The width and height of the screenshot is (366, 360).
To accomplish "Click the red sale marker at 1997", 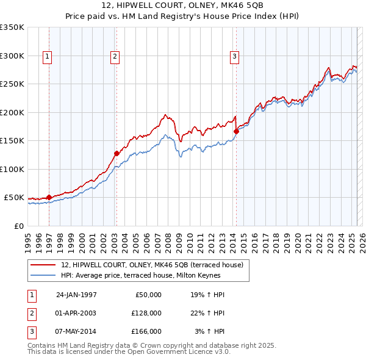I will (x=49, y=197).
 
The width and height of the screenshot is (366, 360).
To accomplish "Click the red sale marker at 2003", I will (x=116, y=153).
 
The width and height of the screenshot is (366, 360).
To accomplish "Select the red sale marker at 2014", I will (x=236, y=131).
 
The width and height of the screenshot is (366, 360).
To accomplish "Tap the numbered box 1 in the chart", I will (x=48, y=57).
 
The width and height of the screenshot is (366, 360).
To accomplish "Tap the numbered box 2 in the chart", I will (x=115, y=57).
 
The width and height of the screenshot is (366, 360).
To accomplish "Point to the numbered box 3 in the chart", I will (x=234, y=57).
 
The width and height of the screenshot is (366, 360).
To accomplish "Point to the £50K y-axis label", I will (x=14, y=198).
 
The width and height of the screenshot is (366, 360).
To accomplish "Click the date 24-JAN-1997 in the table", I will (x=76, y=295).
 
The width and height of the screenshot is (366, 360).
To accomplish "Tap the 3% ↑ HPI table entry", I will (x=209, y=331).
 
